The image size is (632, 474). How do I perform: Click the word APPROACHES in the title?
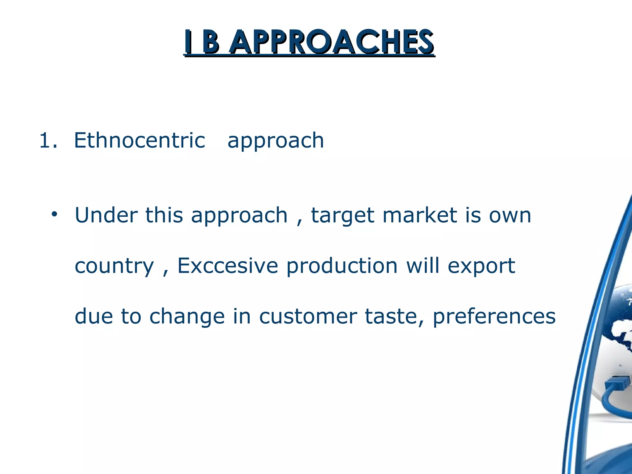tap(332, 42)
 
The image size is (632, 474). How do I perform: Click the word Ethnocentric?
tap(139, 140)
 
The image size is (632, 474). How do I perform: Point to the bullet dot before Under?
tap(55, 214)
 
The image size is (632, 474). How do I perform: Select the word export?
tap(481, 266)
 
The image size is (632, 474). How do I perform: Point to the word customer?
tap(308, 317)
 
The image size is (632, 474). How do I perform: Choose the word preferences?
tap(494, 317)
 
